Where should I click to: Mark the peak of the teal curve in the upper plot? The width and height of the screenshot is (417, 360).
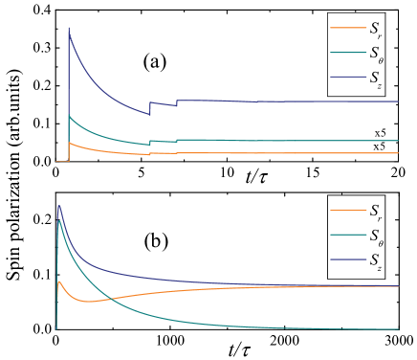point(69,116)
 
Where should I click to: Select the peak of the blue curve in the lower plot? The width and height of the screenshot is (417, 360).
point(59,205)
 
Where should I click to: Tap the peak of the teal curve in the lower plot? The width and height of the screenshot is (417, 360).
point(60,221)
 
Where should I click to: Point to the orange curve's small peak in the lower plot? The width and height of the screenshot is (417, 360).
point(60,281)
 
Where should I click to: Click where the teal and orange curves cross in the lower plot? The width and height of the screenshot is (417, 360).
point(113,298)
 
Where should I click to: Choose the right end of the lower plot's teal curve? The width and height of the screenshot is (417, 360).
point(398,329)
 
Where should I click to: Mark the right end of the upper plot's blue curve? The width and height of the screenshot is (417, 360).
point(398,101)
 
